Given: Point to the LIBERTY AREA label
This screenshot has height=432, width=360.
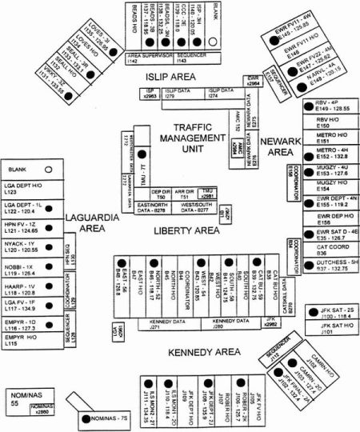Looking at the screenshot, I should [x=186, y=230].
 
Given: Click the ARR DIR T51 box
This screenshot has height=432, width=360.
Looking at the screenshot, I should [x=185, y=194].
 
